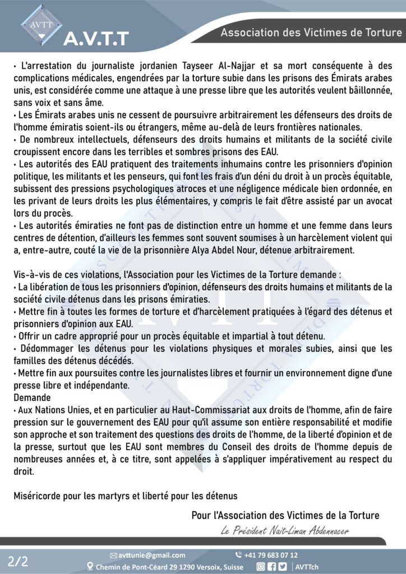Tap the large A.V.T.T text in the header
96,38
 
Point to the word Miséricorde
35,496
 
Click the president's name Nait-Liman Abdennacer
312,531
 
